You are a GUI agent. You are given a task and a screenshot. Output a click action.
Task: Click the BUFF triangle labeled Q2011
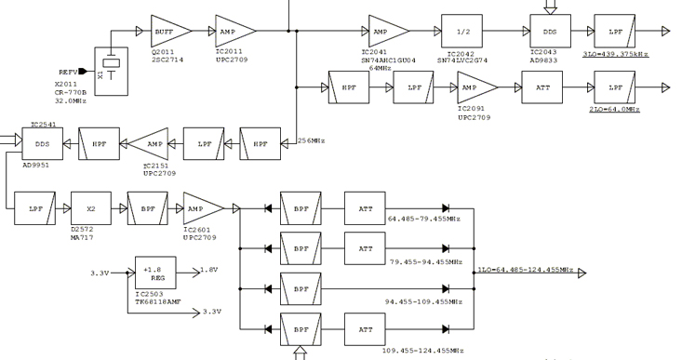click(x=169, y=30)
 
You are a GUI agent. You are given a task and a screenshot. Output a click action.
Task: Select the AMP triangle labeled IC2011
click(x=234, y=30)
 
